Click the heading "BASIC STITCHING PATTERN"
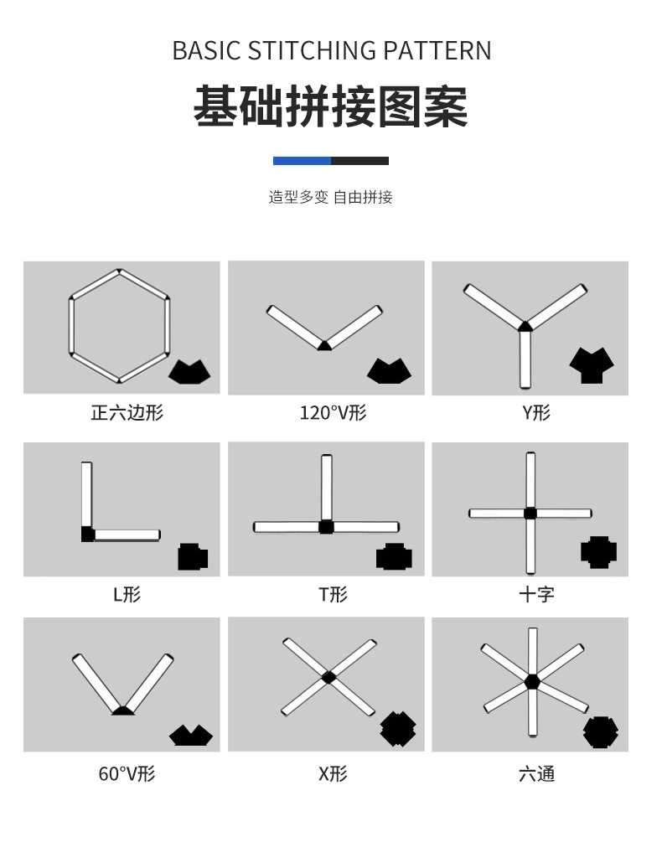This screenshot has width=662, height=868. click(x=331, y=50)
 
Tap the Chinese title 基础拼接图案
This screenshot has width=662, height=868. click(x=331, y=106)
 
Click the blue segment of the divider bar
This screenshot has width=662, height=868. click(x=302, y=161)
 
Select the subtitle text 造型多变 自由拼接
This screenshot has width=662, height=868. click(x=330, y=198)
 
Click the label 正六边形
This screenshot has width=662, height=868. click(x=127, y=413)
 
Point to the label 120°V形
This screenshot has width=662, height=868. click(x=333, y=413)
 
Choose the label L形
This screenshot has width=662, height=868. click(x=127, y=595)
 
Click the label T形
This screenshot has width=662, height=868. click(x=333, y=595)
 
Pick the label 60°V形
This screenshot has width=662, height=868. click(x=127, y=773)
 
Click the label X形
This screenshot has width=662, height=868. click(x=333, y=773)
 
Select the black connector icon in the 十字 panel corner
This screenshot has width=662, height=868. click(x=598, y=551)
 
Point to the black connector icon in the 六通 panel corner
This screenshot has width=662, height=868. click(x=600, y=732)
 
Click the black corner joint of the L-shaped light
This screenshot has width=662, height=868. click(x=88, y=535)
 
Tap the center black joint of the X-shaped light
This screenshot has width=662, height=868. click(x=328, y=676)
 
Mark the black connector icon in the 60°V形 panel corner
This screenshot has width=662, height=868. click(x=191, y=735)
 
